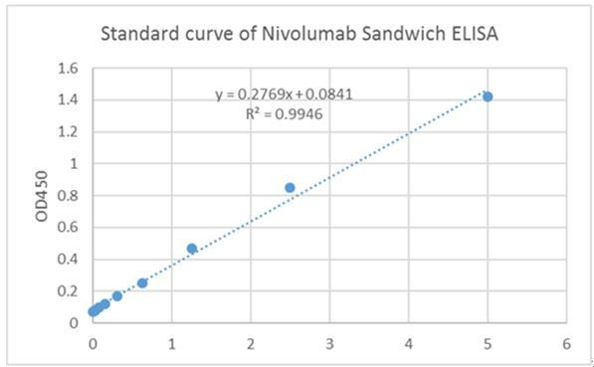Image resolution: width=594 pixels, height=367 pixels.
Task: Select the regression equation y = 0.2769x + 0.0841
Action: pos(285,94)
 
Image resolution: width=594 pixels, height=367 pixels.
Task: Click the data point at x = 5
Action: pos(488,96)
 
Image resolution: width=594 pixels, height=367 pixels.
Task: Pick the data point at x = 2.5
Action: pos(290,187)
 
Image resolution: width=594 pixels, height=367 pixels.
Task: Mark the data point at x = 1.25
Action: pos(192,249)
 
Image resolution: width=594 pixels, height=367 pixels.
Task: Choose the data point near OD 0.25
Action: pos(142,282)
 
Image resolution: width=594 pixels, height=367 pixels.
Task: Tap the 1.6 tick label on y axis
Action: pos(68,69)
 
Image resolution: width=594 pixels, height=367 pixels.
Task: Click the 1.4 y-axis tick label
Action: pos(68,100)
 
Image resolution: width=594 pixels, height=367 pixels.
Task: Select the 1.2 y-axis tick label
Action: pos(68,132)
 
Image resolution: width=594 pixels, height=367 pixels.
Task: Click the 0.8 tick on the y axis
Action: pos(68,196)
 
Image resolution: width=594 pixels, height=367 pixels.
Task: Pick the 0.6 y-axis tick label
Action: pos(68,228)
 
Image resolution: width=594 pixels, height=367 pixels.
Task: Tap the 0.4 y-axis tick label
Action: pos(68,260)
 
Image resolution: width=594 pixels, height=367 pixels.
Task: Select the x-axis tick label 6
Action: pos(566,343)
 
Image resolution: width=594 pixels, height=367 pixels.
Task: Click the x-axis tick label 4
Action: pos(409,343)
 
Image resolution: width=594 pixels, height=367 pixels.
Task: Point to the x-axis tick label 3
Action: pos(330,343)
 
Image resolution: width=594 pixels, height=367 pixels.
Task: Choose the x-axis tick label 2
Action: pos(251,343)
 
